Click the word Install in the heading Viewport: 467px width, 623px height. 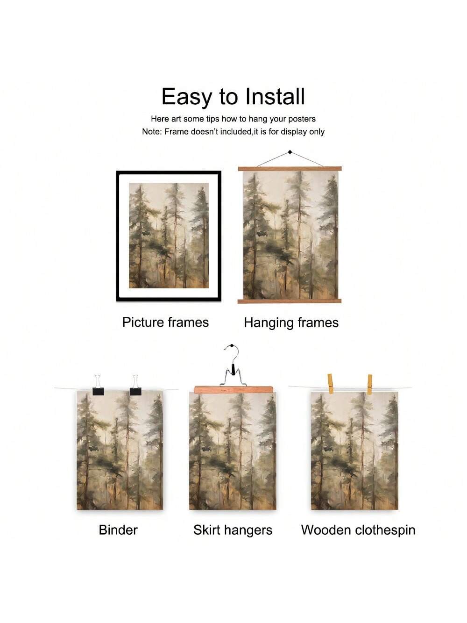[275, 96]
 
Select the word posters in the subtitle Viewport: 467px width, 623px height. [302, 119]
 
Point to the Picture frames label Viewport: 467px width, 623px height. [165, 322]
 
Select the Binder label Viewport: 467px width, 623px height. [118, 530]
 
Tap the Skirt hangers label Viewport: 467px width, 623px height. [233, 530]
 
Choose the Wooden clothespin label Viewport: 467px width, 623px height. [358, 530]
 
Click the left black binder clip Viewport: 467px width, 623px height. [98, 386]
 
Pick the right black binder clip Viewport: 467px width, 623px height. [135, 386]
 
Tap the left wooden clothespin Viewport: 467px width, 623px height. [330, 384]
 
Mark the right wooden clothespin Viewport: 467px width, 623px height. [369, 385]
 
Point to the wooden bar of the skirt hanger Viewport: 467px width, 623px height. [233, 389]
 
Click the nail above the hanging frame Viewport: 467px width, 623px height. [290, 152]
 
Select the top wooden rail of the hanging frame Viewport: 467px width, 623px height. [290, 169]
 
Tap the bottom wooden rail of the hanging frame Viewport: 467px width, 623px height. [290, 301]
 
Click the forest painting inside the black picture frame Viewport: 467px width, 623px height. [169, 236]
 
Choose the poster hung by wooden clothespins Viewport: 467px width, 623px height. [354, 451]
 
